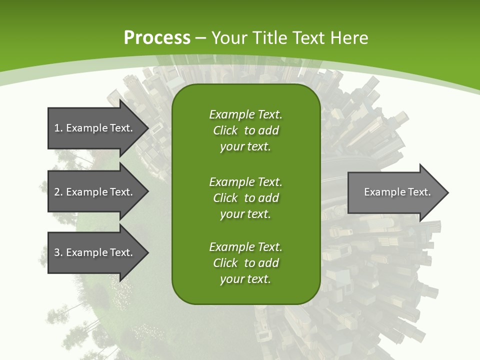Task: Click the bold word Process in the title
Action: [157, 38]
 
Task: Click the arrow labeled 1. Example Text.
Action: [95, 128]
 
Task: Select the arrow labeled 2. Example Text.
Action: [95, 192]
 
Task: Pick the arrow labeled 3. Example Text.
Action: [95, 252]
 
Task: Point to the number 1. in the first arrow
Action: [58, 128]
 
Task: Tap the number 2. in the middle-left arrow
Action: [58, 192]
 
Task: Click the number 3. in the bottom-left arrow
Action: [58, 252]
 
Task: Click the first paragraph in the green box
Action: [245, 130]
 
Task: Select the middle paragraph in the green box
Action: [245, 198]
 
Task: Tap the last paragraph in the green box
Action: [245, 263]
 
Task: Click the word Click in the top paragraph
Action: [225, 130]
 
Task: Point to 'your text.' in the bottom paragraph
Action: [245, 279]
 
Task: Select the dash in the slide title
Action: [201, 38]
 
